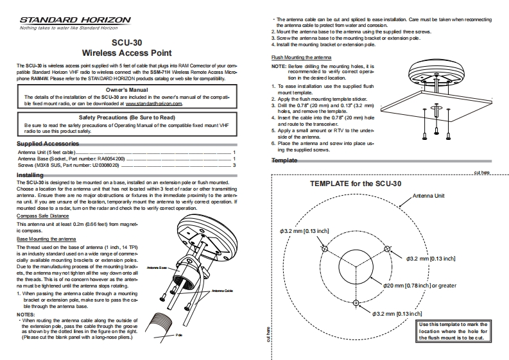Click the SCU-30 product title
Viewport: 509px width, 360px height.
126,44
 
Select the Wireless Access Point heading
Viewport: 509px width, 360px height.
126,55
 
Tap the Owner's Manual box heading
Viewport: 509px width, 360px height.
126,90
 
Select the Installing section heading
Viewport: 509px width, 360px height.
30,175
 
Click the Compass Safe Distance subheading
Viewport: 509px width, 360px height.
44,217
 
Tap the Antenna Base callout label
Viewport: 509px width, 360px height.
157,267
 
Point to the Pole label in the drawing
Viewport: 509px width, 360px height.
179,334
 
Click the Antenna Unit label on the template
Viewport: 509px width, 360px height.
429,194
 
